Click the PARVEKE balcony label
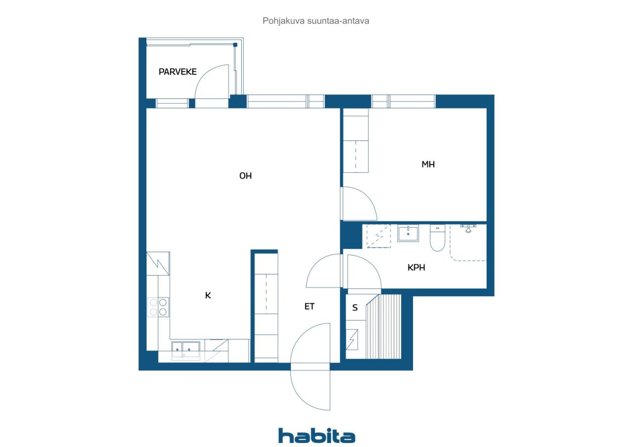point(178,72)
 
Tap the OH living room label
point(245,176)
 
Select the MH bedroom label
point(428,164)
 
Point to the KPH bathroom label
point(416,268)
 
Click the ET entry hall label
point(309,306)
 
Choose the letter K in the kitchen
point(208,295)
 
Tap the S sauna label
point(355,308)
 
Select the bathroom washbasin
point(408,233)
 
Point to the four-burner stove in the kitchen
point(158,307)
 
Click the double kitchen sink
point(186,350)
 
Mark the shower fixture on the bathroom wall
point(467,228)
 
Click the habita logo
point(316,436)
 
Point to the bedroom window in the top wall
point(403,101)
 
